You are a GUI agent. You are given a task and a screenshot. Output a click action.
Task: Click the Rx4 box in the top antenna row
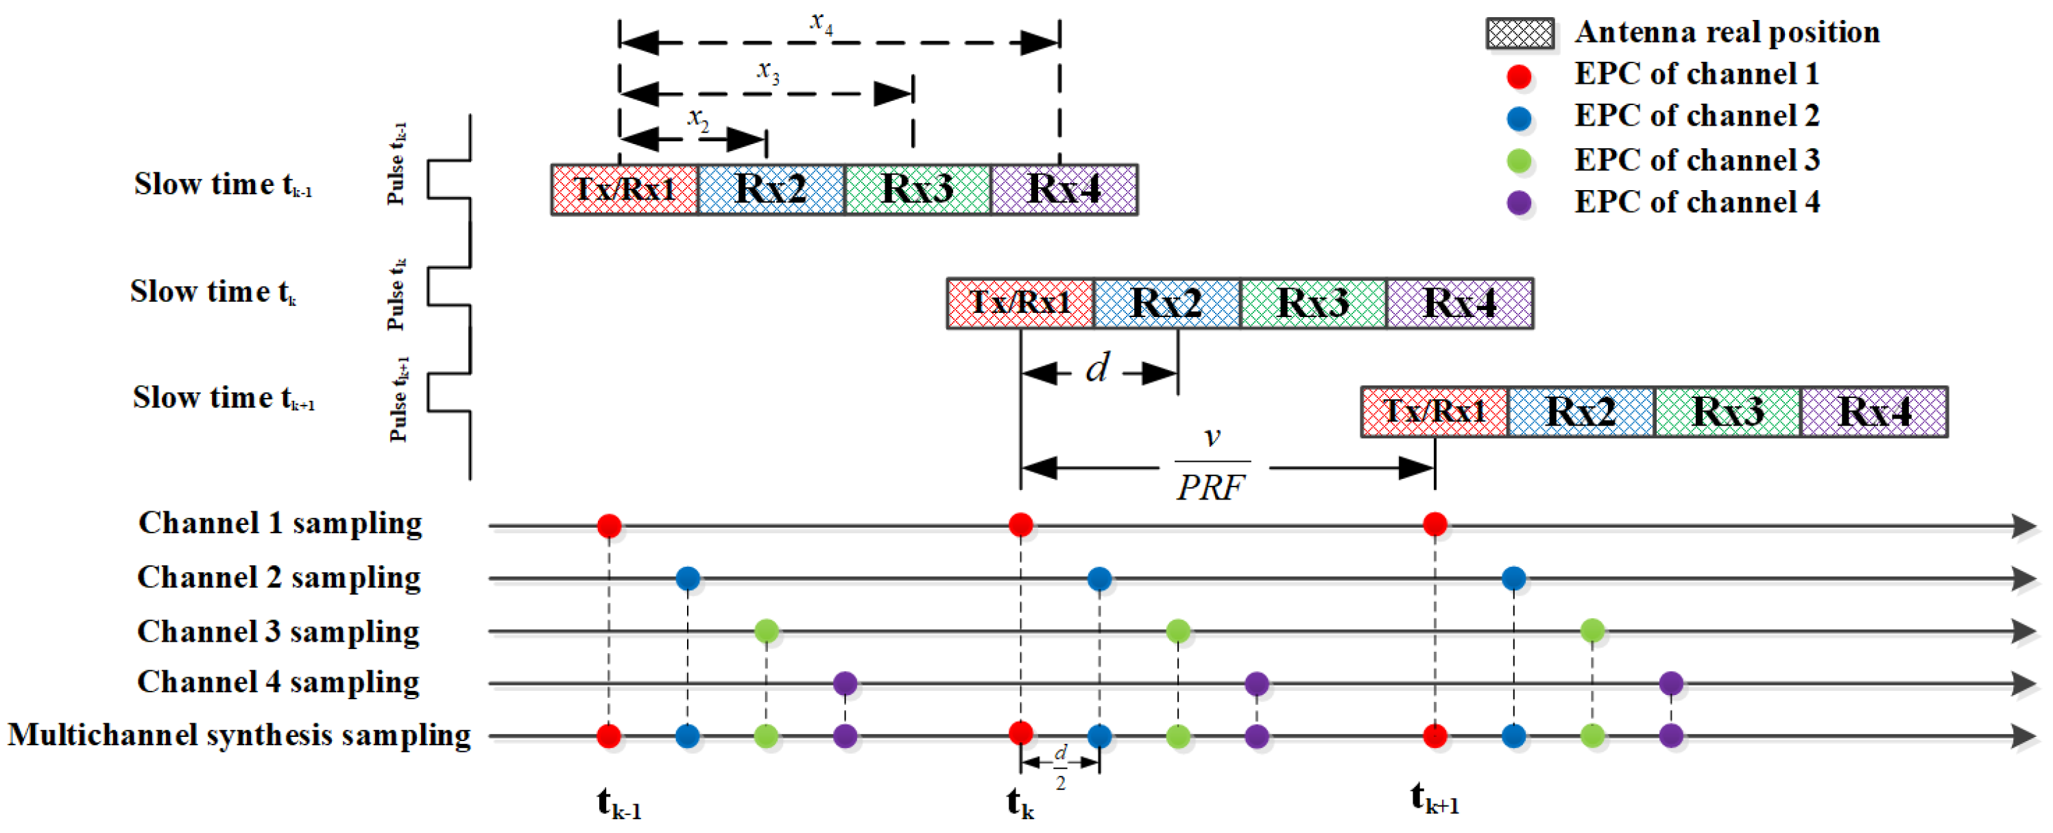(1064, 189)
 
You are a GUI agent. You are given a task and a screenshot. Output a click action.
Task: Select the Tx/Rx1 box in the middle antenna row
(1020, 303)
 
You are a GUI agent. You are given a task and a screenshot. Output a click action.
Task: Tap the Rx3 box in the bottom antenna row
(1727, 411)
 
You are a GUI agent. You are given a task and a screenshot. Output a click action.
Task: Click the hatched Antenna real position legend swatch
(1519, 34)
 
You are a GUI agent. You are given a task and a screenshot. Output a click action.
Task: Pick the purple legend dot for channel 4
(1519, 202)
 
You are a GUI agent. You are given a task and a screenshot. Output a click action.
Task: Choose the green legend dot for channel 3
(1519, 161)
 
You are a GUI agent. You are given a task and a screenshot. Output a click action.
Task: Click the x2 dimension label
(698, 119)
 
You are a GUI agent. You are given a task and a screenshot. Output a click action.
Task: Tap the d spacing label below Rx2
(1097, 368)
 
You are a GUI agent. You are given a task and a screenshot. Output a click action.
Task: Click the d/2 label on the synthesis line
(1060, 767)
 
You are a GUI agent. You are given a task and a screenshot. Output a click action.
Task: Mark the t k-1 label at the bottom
(619, 803)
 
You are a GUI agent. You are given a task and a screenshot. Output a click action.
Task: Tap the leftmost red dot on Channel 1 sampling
(609, 526)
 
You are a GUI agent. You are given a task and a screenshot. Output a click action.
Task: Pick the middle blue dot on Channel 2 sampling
(1099, 578)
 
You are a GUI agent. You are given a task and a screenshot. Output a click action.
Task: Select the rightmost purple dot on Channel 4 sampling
(1670, 683)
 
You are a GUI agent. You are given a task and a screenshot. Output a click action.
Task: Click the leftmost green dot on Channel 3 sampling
(766, 631)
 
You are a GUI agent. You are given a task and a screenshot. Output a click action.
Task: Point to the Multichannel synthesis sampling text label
(239, 735)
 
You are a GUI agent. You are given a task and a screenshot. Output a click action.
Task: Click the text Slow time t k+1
(223, 398)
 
